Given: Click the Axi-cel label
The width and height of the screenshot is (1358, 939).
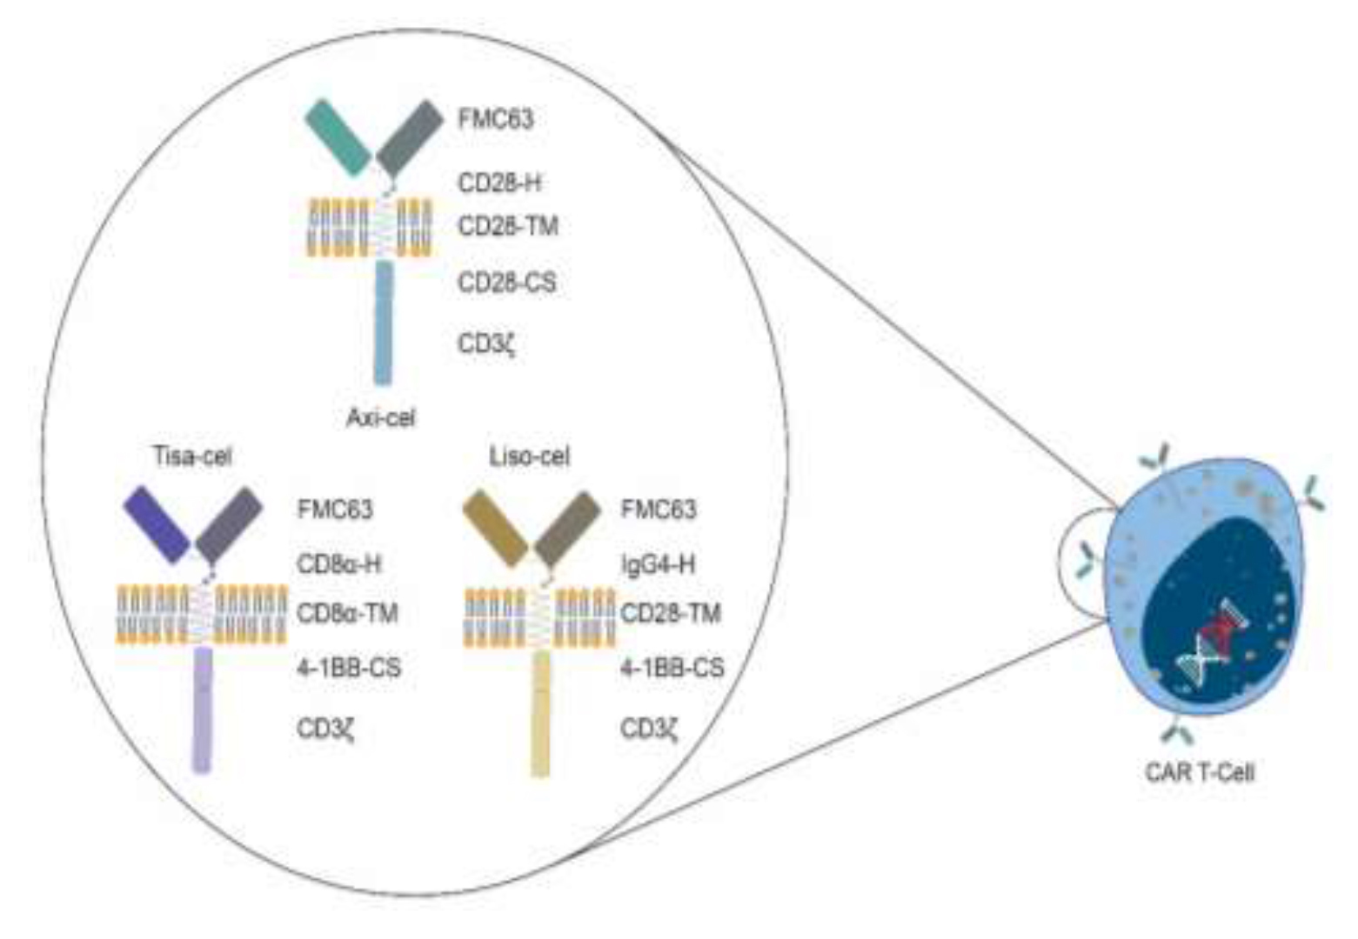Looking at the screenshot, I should tap(381, 418).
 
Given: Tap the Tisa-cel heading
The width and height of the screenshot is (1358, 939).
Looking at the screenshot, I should tap(192, 456).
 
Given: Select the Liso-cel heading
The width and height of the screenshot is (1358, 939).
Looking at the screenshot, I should tap(529, 456).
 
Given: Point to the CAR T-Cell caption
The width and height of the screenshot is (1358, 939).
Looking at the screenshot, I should tap(1200, 771).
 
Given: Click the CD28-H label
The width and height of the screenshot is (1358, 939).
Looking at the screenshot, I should tap(499, 183).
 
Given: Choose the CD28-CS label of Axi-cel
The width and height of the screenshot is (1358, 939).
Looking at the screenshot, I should tap(506, 283).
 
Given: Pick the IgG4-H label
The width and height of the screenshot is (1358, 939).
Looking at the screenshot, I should tap(658, 564).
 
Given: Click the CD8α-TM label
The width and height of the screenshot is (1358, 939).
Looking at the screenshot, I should tap(347, 614).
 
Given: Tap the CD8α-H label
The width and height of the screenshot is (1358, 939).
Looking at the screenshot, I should tap(338, 564).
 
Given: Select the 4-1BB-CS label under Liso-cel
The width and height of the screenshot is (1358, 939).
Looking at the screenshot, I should tap(672, 668).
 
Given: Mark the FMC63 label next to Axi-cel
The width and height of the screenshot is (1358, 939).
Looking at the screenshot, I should tap(495, 119).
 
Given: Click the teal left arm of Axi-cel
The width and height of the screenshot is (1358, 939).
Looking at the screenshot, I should tap(338, 137).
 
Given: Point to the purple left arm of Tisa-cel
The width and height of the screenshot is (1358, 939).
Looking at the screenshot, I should tap(157, 523).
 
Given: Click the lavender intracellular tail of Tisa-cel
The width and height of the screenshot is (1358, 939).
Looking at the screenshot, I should tap(202, 709).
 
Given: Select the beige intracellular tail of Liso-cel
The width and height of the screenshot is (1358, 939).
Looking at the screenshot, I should tap(540, 713).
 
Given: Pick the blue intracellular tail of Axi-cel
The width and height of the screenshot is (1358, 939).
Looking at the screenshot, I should tap(383, 322).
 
